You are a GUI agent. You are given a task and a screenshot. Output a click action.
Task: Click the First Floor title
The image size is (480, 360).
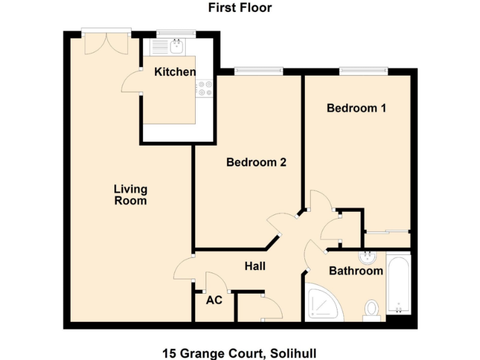coord(240,8)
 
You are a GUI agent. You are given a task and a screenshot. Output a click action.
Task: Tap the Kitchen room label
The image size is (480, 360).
coord(175,72)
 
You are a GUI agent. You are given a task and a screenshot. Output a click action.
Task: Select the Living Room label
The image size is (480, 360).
coord(130,194)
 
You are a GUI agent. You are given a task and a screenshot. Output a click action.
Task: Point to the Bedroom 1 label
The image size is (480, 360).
coord(356,108)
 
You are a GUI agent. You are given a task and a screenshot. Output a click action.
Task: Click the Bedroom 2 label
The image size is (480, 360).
coord(256,162)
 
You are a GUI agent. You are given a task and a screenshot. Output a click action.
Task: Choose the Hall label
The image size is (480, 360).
coord(255,266)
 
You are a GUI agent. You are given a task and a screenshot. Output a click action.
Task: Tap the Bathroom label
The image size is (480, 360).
coord(356,271)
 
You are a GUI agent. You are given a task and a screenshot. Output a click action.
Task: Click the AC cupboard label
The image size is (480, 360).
coord(214,300)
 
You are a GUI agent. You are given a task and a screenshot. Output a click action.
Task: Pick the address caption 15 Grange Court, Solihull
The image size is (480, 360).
coord(240,353)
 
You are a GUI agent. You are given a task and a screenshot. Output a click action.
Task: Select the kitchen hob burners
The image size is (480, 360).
coord(205,88)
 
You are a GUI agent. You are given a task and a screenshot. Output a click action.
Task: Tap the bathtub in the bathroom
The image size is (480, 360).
coord(398,284)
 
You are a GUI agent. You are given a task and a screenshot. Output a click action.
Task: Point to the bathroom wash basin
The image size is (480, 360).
coord(366,257)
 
